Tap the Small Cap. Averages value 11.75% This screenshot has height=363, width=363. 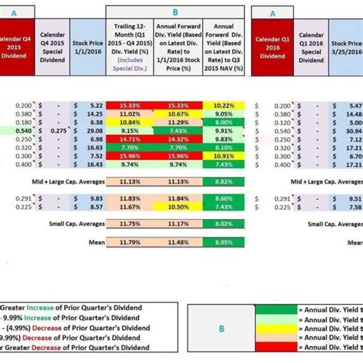pyautogui.click(x=128, y=223)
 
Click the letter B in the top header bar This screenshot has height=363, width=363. pyautogui.click(x=175, y=12)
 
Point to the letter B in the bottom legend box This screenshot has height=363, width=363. pyautogui.click(x=222, y=329)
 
